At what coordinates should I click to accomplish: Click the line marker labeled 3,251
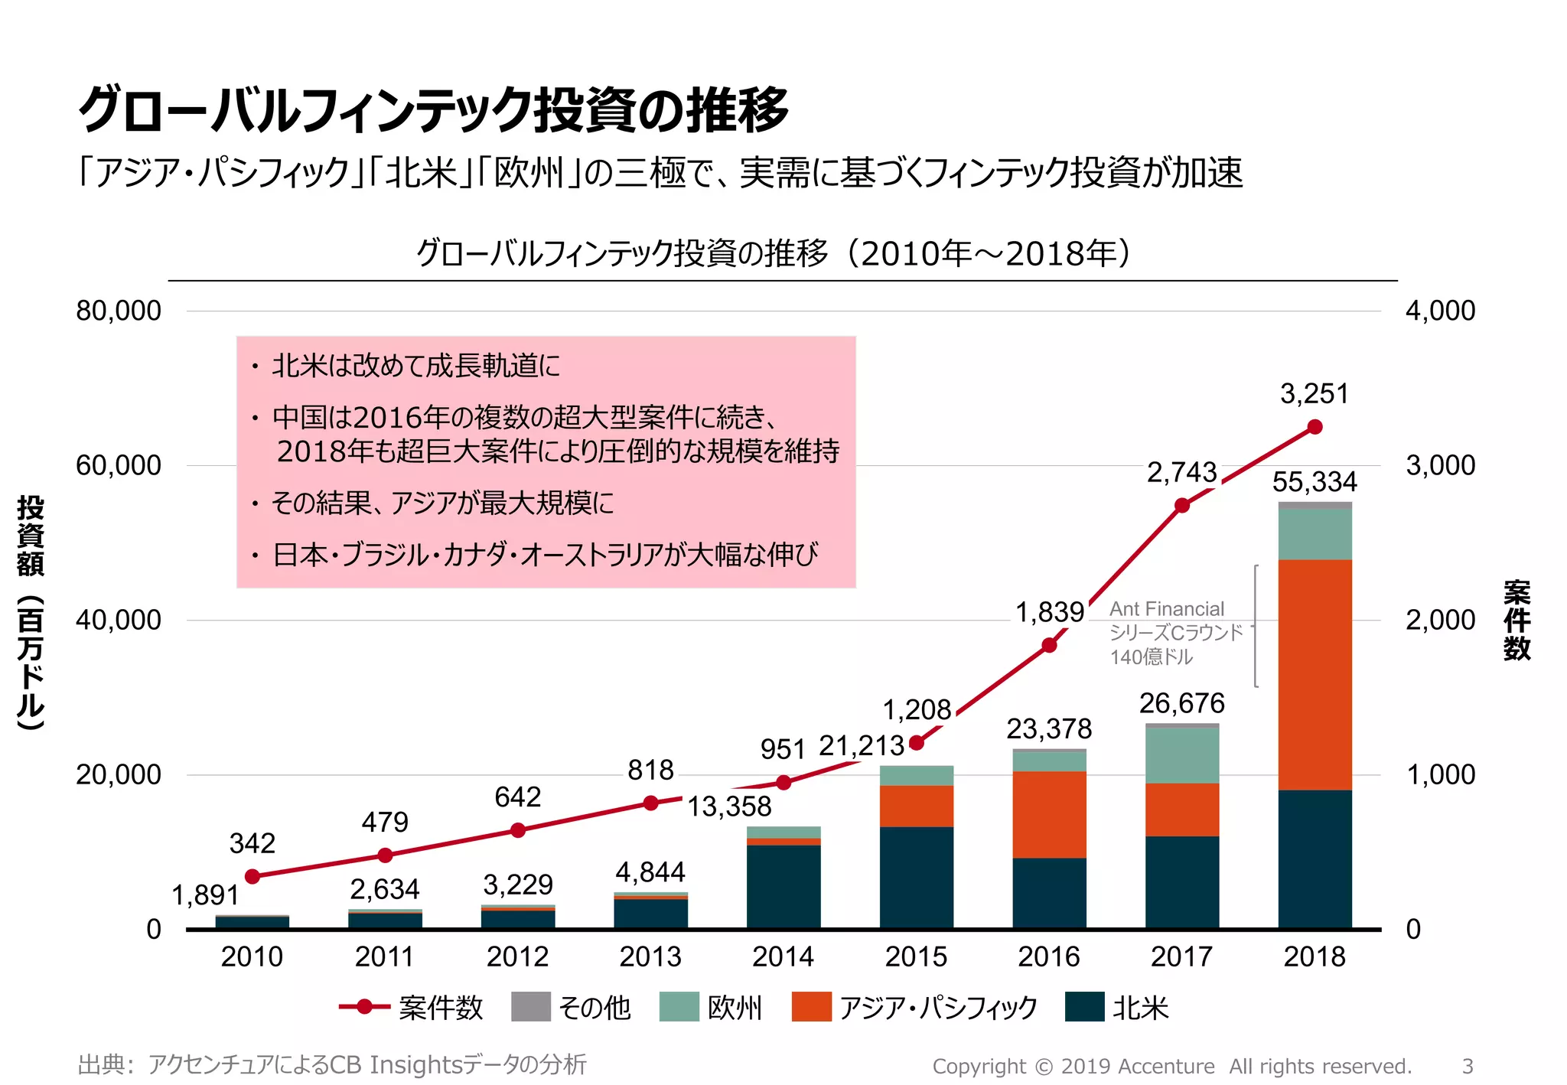pyautogui.click(x=1315, y=427)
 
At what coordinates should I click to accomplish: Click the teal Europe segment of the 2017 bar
pyautogui.click(x=1181, y=754)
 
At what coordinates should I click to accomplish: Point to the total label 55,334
pyautogui.click(x=1315, y=482)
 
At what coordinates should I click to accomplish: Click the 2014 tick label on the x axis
pyautogui.click(x=783, y=956)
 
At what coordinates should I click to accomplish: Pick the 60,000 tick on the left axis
pyautogui.click(x=119, y=465)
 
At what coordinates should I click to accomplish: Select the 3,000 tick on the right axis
pyautogui.click(x=1440, y=465)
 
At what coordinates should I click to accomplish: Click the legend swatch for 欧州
pyautogui.click(x=679, y=1007)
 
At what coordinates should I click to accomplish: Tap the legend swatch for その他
pyautogui.click(x=530, y=1007)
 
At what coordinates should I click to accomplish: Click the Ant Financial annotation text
pyautogui.click(x=1175, y=632)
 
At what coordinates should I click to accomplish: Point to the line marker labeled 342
pyautogui.click(x=252, y=876)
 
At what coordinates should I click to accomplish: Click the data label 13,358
pyautogui.click(x=729, y=806)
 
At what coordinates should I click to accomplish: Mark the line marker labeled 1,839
pyautogui.click(x=1049, y=645)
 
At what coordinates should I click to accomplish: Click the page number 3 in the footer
pyautogui.click(x=1467, y=1066)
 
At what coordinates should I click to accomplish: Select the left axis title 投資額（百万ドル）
pyautogui.click(x=31, y=612)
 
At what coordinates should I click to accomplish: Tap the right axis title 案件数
pyautogui.click(x=1517, y=620)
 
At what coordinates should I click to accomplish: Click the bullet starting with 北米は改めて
pyautogui.click(x=415, y=366)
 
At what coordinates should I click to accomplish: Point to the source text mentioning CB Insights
pyautogui.click(x=332, y=1064)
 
